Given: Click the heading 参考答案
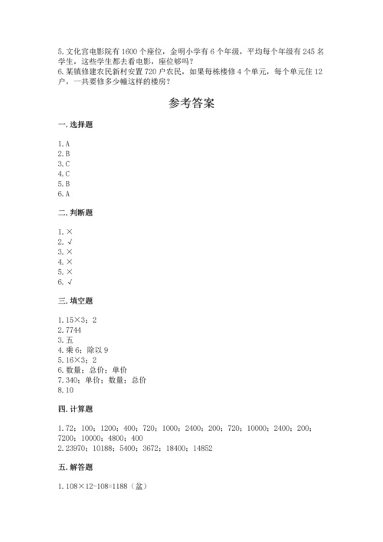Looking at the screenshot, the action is coord(191,104).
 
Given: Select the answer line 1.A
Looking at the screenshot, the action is coord(64,144).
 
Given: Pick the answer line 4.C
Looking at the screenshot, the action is coord(64,174).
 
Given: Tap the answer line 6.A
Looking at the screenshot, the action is coord(64,194).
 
